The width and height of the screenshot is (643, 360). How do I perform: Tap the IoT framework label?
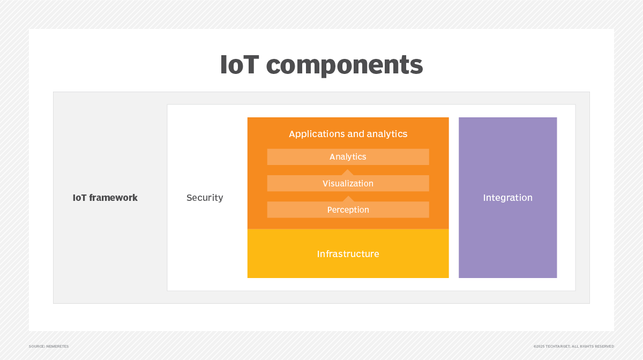105,198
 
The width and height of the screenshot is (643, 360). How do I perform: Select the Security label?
205,198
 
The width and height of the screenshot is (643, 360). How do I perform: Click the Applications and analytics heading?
348,134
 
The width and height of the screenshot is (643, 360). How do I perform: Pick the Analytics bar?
348,157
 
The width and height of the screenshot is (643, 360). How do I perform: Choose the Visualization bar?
348,183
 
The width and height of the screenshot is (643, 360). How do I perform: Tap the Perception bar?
348,209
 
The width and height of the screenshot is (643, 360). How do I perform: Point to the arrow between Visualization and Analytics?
348,172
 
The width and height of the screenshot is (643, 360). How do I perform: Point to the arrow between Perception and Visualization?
348,199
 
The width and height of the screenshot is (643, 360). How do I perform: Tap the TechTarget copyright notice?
573,347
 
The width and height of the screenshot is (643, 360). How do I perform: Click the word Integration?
507,198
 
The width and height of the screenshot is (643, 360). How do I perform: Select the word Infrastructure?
348,254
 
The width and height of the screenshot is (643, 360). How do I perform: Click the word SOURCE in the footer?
35,347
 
